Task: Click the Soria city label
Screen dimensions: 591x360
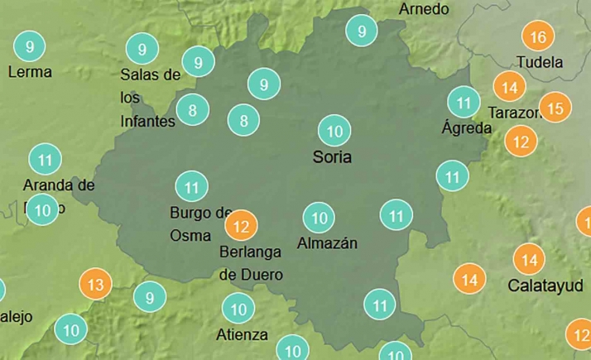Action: click(x=333, y=156)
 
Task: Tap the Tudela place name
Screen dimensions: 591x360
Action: click(x=539, y=62)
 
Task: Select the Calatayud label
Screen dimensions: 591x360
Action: click(x=545, y=286)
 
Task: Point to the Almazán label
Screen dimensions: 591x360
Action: click(x=327, y=243)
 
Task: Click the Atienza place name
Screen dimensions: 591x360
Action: click(x=242, y=334)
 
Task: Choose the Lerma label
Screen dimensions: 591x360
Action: click(x=30, y=72)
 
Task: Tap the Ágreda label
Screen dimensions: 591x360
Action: click(x=467, y=128)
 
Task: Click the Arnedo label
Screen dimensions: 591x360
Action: click(x=424, y=9)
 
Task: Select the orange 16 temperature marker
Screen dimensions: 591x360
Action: click(x=539, y=37)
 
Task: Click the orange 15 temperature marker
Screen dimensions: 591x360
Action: click(x=556, y=108)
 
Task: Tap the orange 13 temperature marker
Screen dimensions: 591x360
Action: click(x=95, y=286)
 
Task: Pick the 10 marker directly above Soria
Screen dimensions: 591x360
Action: click(x=335, y=131)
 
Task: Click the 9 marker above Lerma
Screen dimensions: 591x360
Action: click(x=30, y=46)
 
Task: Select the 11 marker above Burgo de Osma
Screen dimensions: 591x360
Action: click(x=192, y=187)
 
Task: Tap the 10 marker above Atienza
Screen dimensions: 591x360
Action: click(x=239, y=310)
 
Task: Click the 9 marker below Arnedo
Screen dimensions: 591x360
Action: click(x=362, y=31)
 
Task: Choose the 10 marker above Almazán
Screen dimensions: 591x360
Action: click(x=320, y=218)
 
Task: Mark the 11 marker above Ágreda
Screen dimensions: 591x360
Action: click(x=464, y=103)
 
